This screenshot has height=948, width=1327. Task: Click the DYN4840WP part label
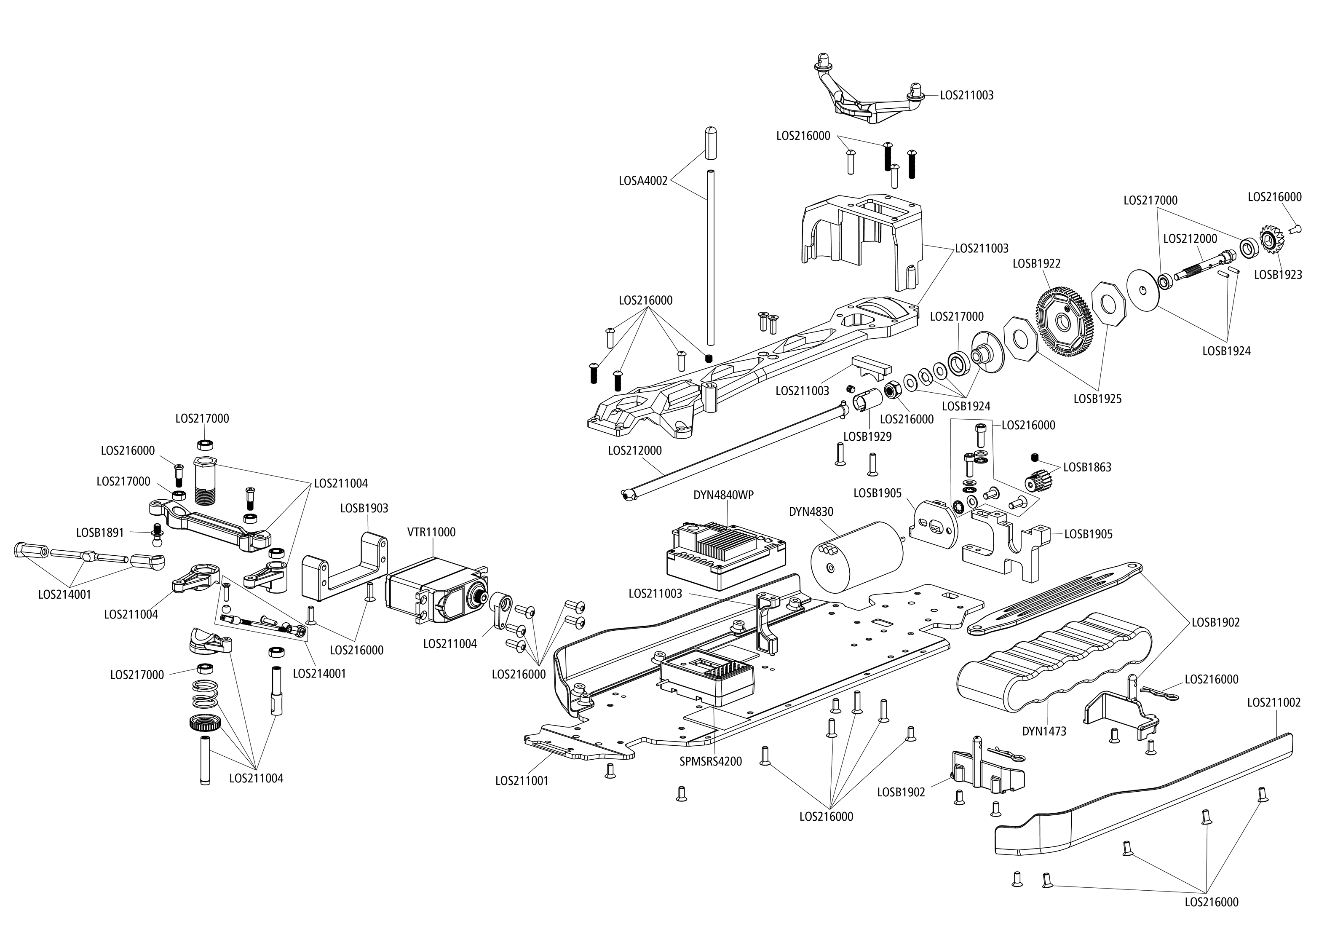[724, 495]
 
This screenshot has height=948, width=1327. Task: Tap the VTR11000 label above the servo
[431, 533]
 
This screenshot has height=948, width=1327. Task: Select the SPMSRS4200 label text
[711, 761]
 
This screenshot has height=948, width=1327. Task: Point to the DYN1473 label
[1044, 731]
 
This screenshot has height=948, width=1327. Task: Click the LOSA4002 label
[643, 181]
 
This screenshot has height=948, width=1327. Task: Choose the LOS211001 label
[522, 780]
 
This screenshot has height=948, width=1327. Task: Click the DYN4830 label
[811, 512]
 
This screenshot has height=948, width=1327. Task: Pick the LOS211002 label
[1274, 702]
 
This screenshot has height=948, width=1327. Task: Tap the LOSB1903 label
[364, 508]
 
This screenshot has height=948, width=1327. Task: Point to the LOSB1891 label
[100, 533]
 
